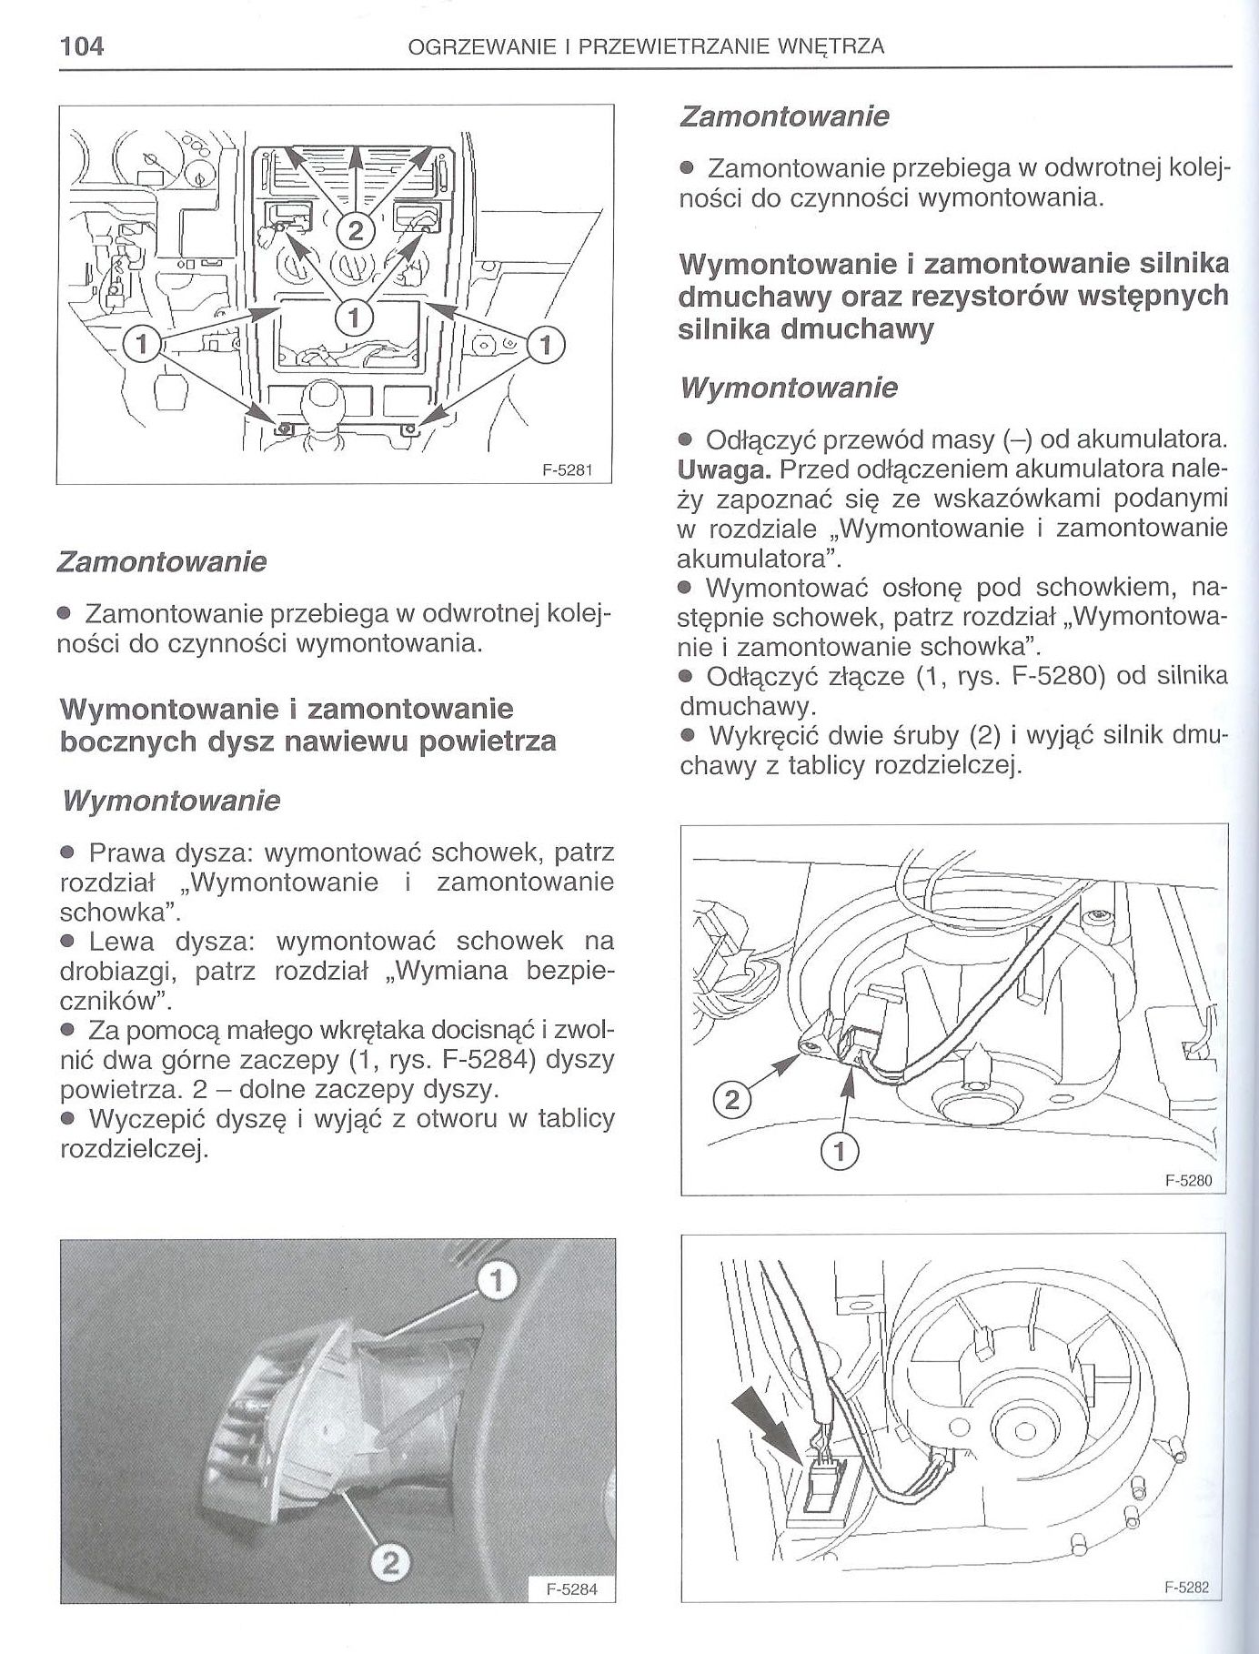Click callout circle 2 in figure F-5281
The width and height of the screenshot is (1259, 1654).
pyautogui.click(x=356, y=229)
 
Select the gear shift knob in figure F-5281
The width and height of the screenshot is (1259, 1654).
pyautogui.click(x=326, y=397)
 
